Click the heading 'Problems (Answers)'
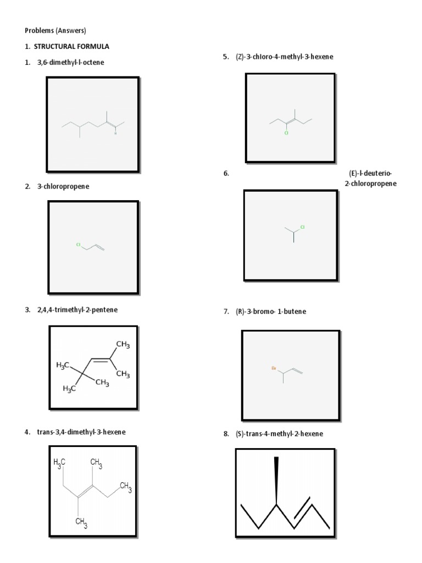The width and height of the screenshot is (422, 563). point(55,30)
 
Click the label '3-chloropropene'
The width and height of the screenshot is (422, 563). point(63,187)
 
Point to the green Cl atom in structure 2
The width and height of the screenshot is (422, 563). point(79,244)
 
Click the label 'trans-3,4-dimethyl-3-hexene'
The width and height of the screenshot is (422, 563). point(81,432)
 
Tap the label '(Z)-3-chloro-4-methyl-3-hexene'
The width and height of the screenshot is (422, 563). point(285,57)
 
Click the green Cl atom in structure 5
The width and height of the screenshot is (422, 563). point(286,133)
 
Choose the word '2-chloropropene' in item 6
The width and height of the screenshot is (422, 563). point(370,184)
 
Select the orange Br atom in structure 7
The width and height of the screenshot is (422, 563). point(274,369)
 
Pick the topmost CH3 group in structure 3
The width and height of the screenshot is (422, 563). point(123,345)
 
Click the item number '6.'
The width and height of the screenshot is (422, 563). point(226,174)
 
